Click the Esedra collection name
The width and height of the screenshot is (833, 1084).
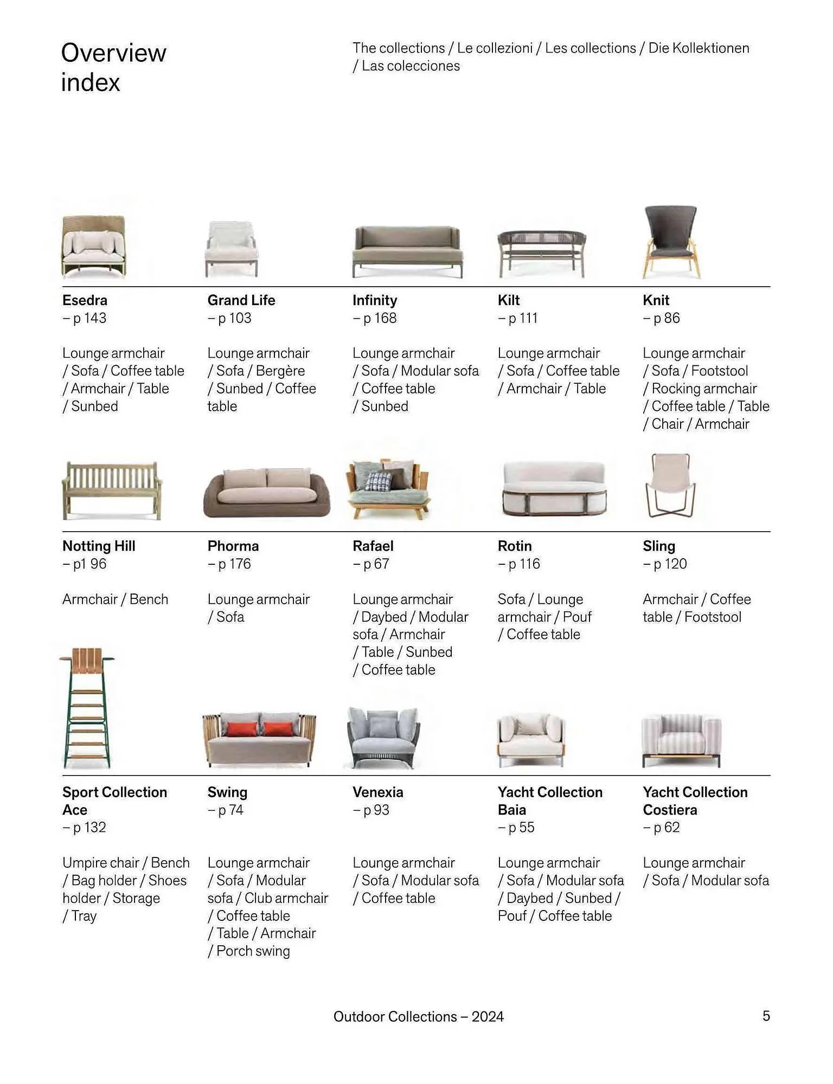[85, 300]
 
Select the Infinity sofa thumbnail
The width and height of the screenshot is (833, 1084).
[407, 251]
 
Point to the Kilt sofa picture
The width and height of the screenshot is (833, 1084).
[542, 253]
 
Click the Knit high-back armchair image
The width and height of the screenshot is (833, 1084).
[671, 242]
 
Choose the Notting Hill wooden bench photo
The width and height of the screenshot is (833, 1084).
[112, 490]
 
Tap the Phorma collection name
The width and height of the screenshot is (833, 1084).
[233, 546]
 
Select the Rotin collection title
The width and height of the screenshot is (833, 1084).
[515, 546]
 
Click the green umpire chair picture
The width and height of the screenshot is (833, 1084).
[87, 708]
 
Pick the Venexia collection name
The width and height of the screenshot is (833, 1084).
[378, 792]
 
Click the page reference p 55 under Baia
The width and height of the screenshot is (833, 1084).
[517, 828]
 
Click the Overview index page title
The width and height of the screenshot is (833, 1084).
[113, 67]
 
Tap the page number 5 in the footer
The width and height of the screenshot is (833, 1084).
[766, 1016]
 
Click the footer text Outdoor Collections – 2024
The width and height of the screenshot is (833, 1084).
[419, 1016]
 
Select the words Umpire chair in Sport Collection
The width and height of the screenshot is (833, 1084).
[101, 862]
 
